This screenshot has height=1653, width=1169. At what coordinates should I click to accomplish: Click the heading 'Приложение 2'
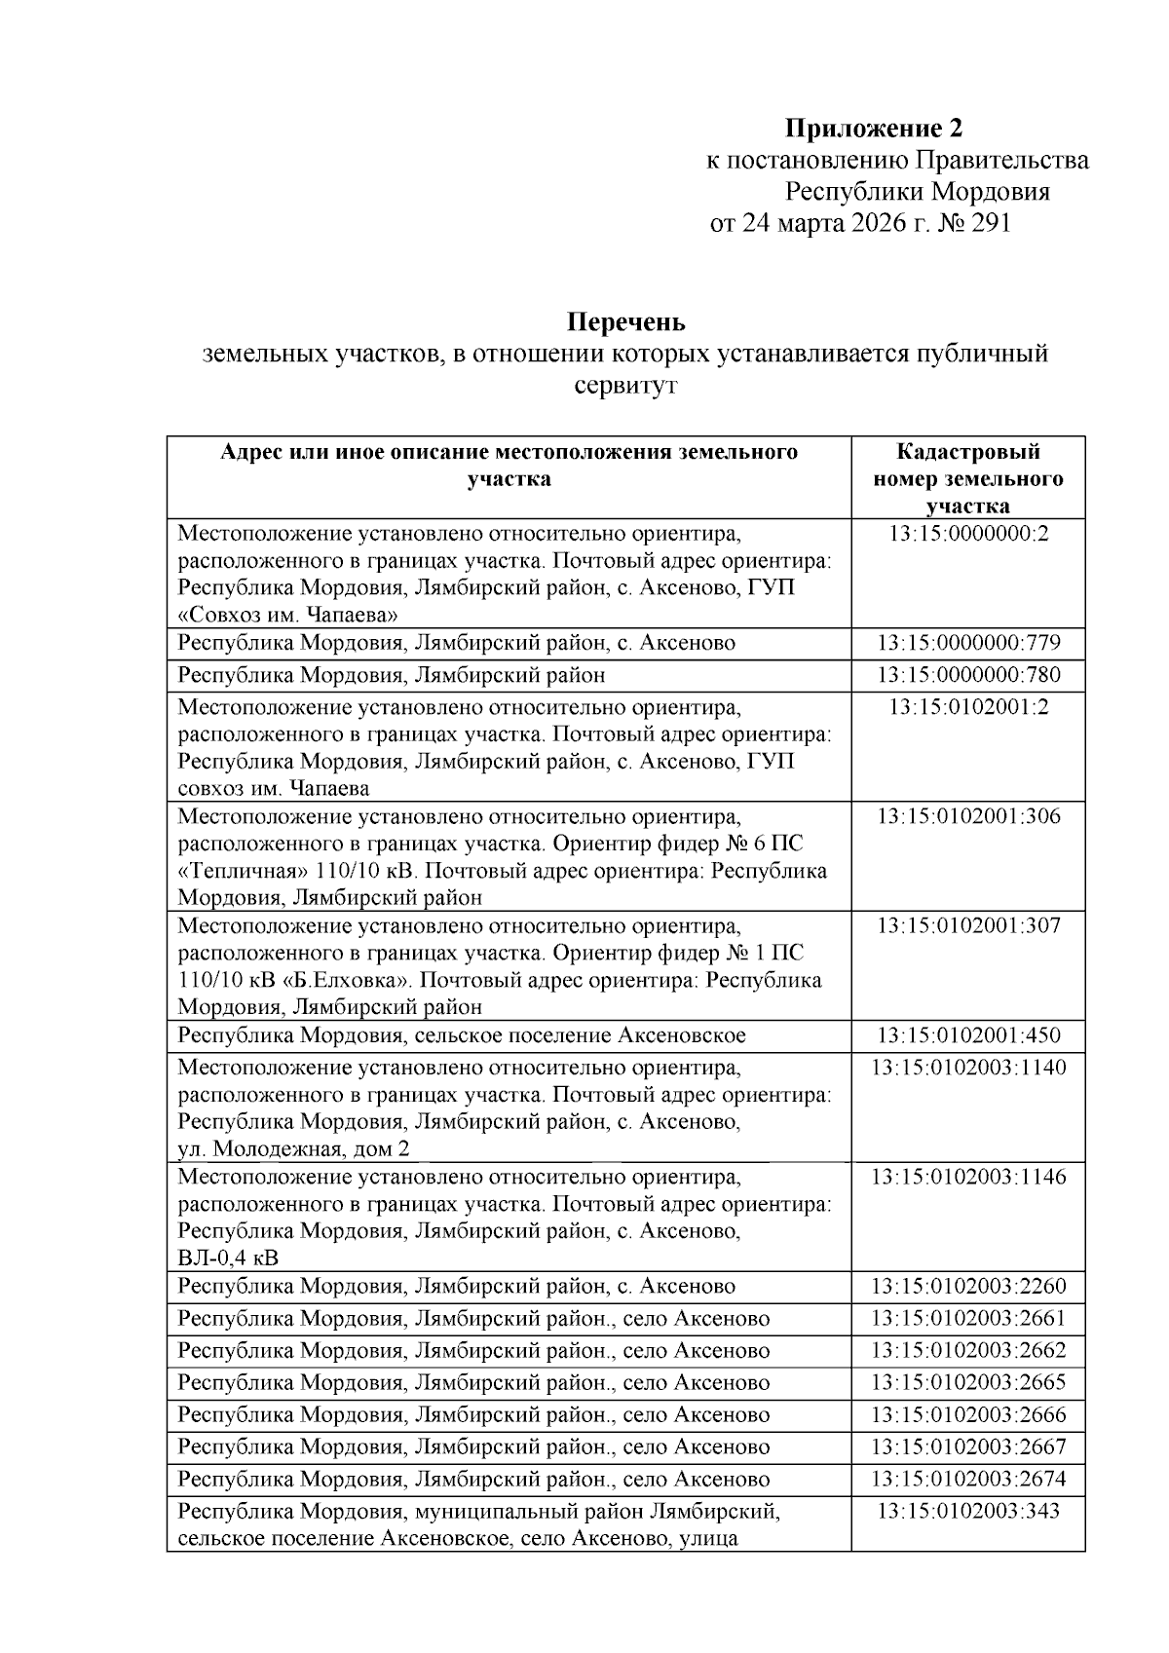pos(874,128)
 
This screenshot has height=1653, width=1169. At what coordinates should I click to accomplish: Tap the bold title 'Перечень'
pos(625,320)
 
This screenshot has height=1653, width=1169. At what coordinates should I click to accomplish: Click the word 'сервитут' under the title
pos(625,386)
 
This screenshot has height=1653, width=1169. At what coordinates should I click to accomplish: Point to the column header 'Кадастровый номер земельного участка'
pos(967,478)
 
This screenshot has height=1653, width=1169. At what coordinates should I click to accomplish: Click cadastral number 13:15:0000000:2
pos(967,534)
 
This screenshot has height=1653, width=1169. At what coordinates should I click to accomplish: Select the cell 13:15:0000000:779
pos(967,643)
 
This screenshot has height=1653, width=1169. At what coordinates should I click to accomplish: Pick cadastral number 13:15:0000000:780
pos(967,675)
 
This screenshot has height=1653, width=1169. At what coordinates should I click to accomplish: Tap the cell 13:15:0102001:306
pos(967,816)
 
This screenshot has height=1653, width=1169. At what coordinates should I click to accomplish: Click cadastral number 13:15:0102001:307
pos(967,925)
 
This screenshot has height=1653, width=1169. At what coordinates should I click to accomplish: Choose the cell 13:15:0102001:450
pos(967,1035)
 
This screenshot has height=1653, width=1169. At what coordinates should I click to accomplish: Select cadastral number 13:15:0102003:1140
pos(967,1068)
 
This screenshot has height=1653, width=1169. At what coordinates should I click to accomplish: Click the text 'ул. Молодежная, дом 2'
pos(294,1148)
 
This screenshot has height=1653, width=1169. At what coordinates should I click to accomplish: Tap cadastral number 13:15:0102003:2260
pos(967,1287)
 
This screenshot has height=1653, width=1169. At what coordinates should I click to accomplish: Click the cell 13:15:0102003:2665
pos(967,1383)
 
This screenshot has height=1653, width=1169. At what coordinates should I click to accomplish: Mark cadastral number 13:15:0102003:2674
pos(967,1480)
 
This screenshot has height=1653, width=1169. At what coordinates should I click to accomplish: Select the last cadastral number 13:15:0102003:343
pos(967,1512)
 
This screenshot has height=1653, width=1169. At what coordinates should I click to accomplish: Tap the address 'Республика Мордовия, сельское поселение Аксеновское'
pos(462,1035)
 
